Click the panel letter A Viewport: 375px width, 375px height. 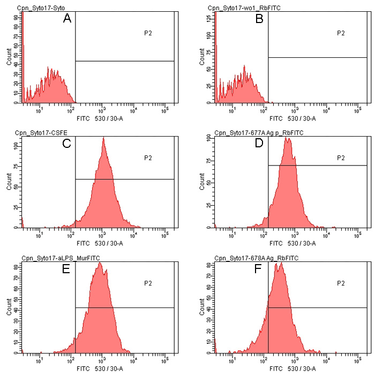(67, 19)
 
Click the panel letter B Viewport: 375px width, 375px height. (259, 19)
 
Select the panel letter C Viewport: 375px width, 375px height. (67, 144)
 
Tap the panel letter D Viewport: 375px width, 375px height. (259, 144)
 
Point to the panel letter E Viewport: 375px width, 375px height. (67, 269)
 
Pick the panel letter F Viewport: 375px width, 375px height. (259, 269)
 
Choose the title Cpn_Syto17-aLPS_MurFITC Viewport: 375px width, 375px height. (61, 258)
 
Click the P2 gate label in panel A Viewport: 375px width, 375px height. (148, 33)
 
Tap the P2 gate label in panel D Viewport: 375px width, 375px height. (341, 158)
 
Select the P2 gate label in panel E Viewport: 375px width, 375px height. (148, 283)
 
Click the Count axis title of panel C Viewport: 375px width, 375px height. (9, 183)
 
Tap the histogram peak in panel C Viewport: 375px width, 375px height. (103, 139)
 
